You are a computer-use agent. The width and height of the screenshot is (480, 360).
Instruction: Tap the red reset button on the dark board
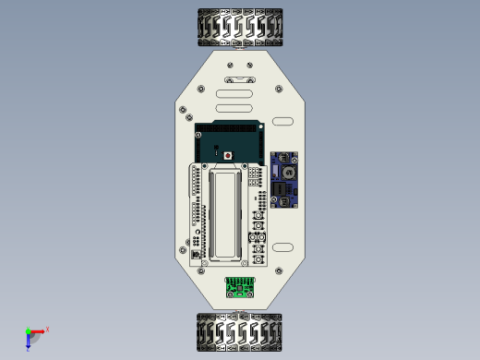point(228,155)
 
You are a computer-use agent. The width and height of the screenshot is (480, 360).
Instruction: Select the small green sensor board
point(242,288)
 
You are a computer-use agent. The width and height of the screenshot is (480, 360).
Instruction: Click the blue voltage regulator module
point(284,181)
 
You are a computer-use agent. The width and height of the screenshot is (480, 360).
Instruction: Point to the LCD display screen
point(226,212)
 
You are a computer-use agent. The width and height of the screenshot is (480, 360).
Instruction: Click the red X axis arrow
point(38,330)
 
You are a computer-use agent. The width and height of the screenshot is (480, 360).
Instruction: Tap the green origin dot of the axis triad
point(28,331)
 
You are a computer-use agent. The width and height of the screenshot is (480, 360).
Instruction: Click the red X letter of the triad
point(47,329)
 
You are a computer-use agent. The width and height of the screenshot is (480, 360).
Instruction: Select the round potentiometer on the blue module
point(288,173)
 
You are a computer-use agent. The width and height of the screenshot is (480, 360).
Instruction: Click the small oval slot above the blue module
point(282,122)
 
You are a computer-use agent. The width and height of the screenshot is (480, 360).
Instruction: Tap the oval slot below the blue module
point(282,247)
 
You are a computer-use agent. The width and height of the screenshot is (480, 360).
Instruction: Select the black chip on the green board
point(242,289)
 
